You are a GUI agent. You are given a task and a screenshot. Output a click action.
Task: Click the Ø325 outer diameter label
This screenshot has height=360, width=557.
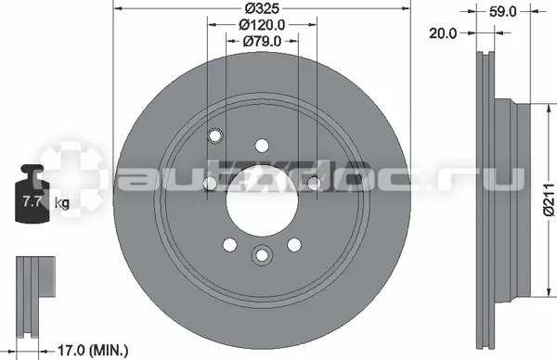(x=262, y=7)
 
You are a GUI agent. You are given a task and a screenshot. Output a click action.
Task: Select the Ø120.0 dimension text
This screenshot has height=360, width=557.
(x=262, y=24)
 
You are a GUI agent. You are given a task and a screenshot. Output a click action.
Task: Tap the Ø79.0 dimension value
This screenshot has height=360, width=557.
(x=262, y=41)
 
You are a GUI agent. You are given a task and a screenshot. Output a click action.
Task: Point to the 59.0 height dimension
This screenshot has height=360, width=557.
(x=502, y=12)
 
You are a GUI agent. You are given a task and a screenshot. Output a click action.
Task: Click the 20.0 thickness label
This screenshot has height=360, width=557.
(x=443, y=33)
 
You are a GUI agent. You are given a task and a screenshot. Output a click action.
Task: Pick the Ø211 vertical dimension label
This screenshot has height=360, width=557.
(x=550, y=199)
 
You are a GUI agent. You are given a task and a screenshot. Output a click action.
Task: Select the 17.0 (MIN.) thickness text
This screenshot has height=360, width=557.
(x=93, y=350)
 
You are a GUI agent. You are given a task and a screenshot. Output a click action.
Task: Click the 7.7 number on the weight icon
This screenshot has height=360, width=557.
(x=31, y=201)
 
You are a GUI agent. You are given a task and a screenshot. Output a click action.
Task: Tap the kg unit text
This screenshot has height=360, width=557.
(x=62, y=203)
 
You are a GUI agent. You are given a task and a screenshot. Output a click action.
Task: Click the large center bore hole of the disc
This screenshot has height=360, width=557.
(x=262, y=201)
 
